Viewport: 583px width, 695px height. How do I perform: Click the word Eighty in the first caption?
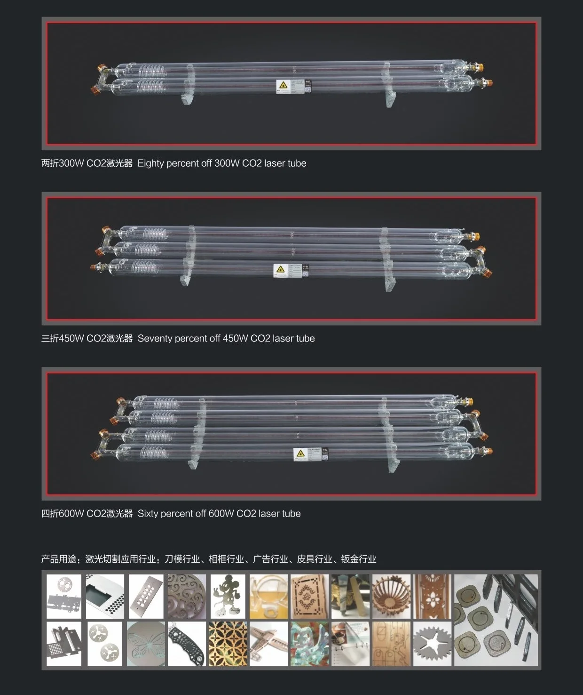[x=150, y=163]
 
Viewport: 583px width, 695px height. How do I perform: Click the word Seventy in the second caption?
[x=155, y=339]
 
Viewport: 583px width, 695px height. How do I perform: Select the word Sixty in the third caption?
[x=148, y=514]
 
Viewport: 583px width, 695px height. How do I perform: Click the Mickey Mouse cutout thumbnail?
[x=228, y=596]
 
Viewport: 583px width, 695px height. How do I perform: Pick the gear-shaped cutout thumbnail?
[x=432, y=644]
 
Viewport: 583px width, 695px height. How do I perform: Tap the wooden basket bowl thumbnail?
[x=391, y=596]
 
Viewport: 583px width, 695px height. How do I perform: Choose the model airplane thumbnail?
[x=268, y=644]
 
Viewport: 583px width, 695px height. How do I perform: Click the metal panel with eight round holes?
[x=146, y=596]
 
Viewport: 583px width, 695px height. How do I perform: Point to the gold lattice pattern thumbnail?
[x=228, y=644]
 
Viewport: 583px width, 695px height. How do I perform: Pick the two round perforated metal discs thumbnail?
[x=104, y=644]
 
